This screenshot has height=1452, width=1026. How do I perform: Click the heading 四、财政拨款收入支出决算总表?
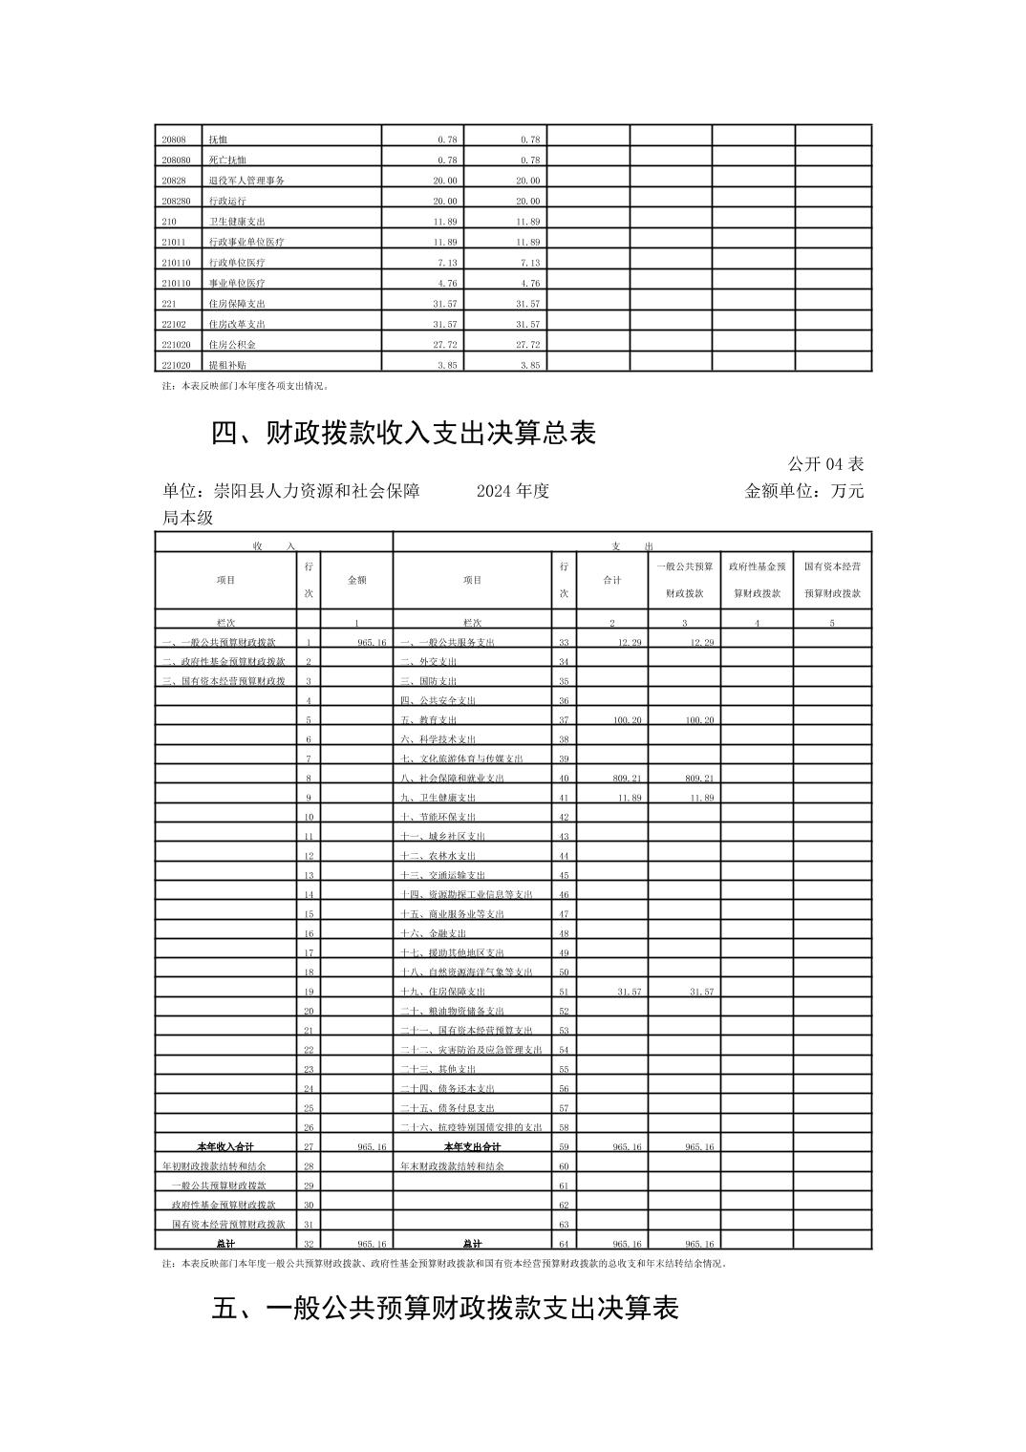403,434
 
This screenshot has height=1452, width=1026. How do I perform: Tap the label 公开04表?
825,464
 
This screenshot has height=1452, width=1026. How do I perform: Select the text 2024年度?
512,491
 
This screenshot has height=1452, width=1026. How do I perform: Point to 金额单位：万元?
803,491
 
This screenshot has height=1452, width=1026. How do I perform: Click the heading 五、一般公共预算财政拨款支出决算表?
444,1308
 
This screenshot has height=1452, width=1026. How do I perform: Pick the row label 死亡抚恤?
227,160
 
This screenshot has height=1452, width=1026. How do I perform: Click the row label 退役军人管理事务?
246,181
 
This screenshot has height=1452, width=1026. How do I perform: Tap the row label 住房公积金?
232,345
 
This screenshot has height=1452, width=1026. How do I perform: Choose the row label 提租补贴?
227,365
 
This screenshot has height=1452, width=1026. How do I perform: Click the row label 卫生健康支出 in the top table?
237,222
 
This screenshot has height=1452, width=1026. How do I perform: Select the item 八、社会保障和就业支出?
452,779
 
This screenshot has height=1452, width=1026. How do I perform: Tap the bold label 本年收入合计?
225,1146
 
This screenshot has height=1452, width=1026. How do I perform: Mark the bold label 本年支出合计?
472,1146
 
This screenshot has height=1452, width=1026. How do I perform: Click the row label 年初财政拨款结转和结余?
215,1166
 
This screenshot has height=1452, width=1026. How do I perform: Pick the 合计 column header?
612,580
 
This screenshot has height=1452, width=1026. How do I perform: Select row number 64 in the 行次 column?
564,1244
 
